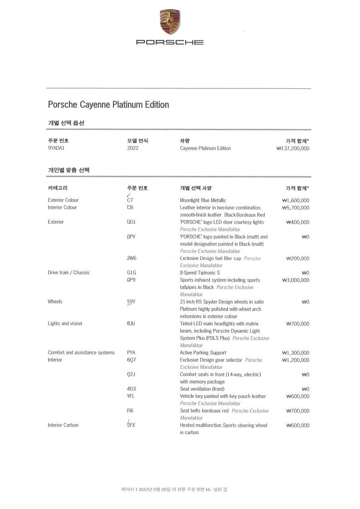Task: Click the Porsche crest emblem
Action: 170,22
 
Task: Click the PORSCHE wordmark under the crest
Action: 170,42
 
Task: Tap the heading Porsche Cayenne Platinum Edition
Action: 108,105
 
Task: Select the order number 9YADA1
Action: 57,148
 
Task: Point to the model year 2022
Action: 133,148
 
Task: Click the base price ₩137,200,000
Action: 293,148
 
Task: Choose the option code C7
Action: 130,200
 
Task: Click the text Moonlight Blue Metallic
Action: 203,200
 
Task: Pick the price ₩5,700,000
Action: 296,207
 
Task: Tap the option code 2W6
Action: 132,258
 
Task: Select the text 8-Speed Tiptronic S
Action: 200,273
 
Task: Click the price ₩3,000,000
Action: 296,280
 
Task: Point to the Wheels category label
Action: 55,302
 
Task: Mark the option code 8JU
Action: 131,323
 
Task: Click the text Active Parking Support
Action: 203,352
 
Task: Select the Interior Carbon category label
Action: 63,425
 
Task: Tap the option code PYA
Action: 132,352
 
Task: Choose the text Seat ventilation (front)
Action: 202,389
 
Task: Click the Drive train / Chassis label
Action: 69,273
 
